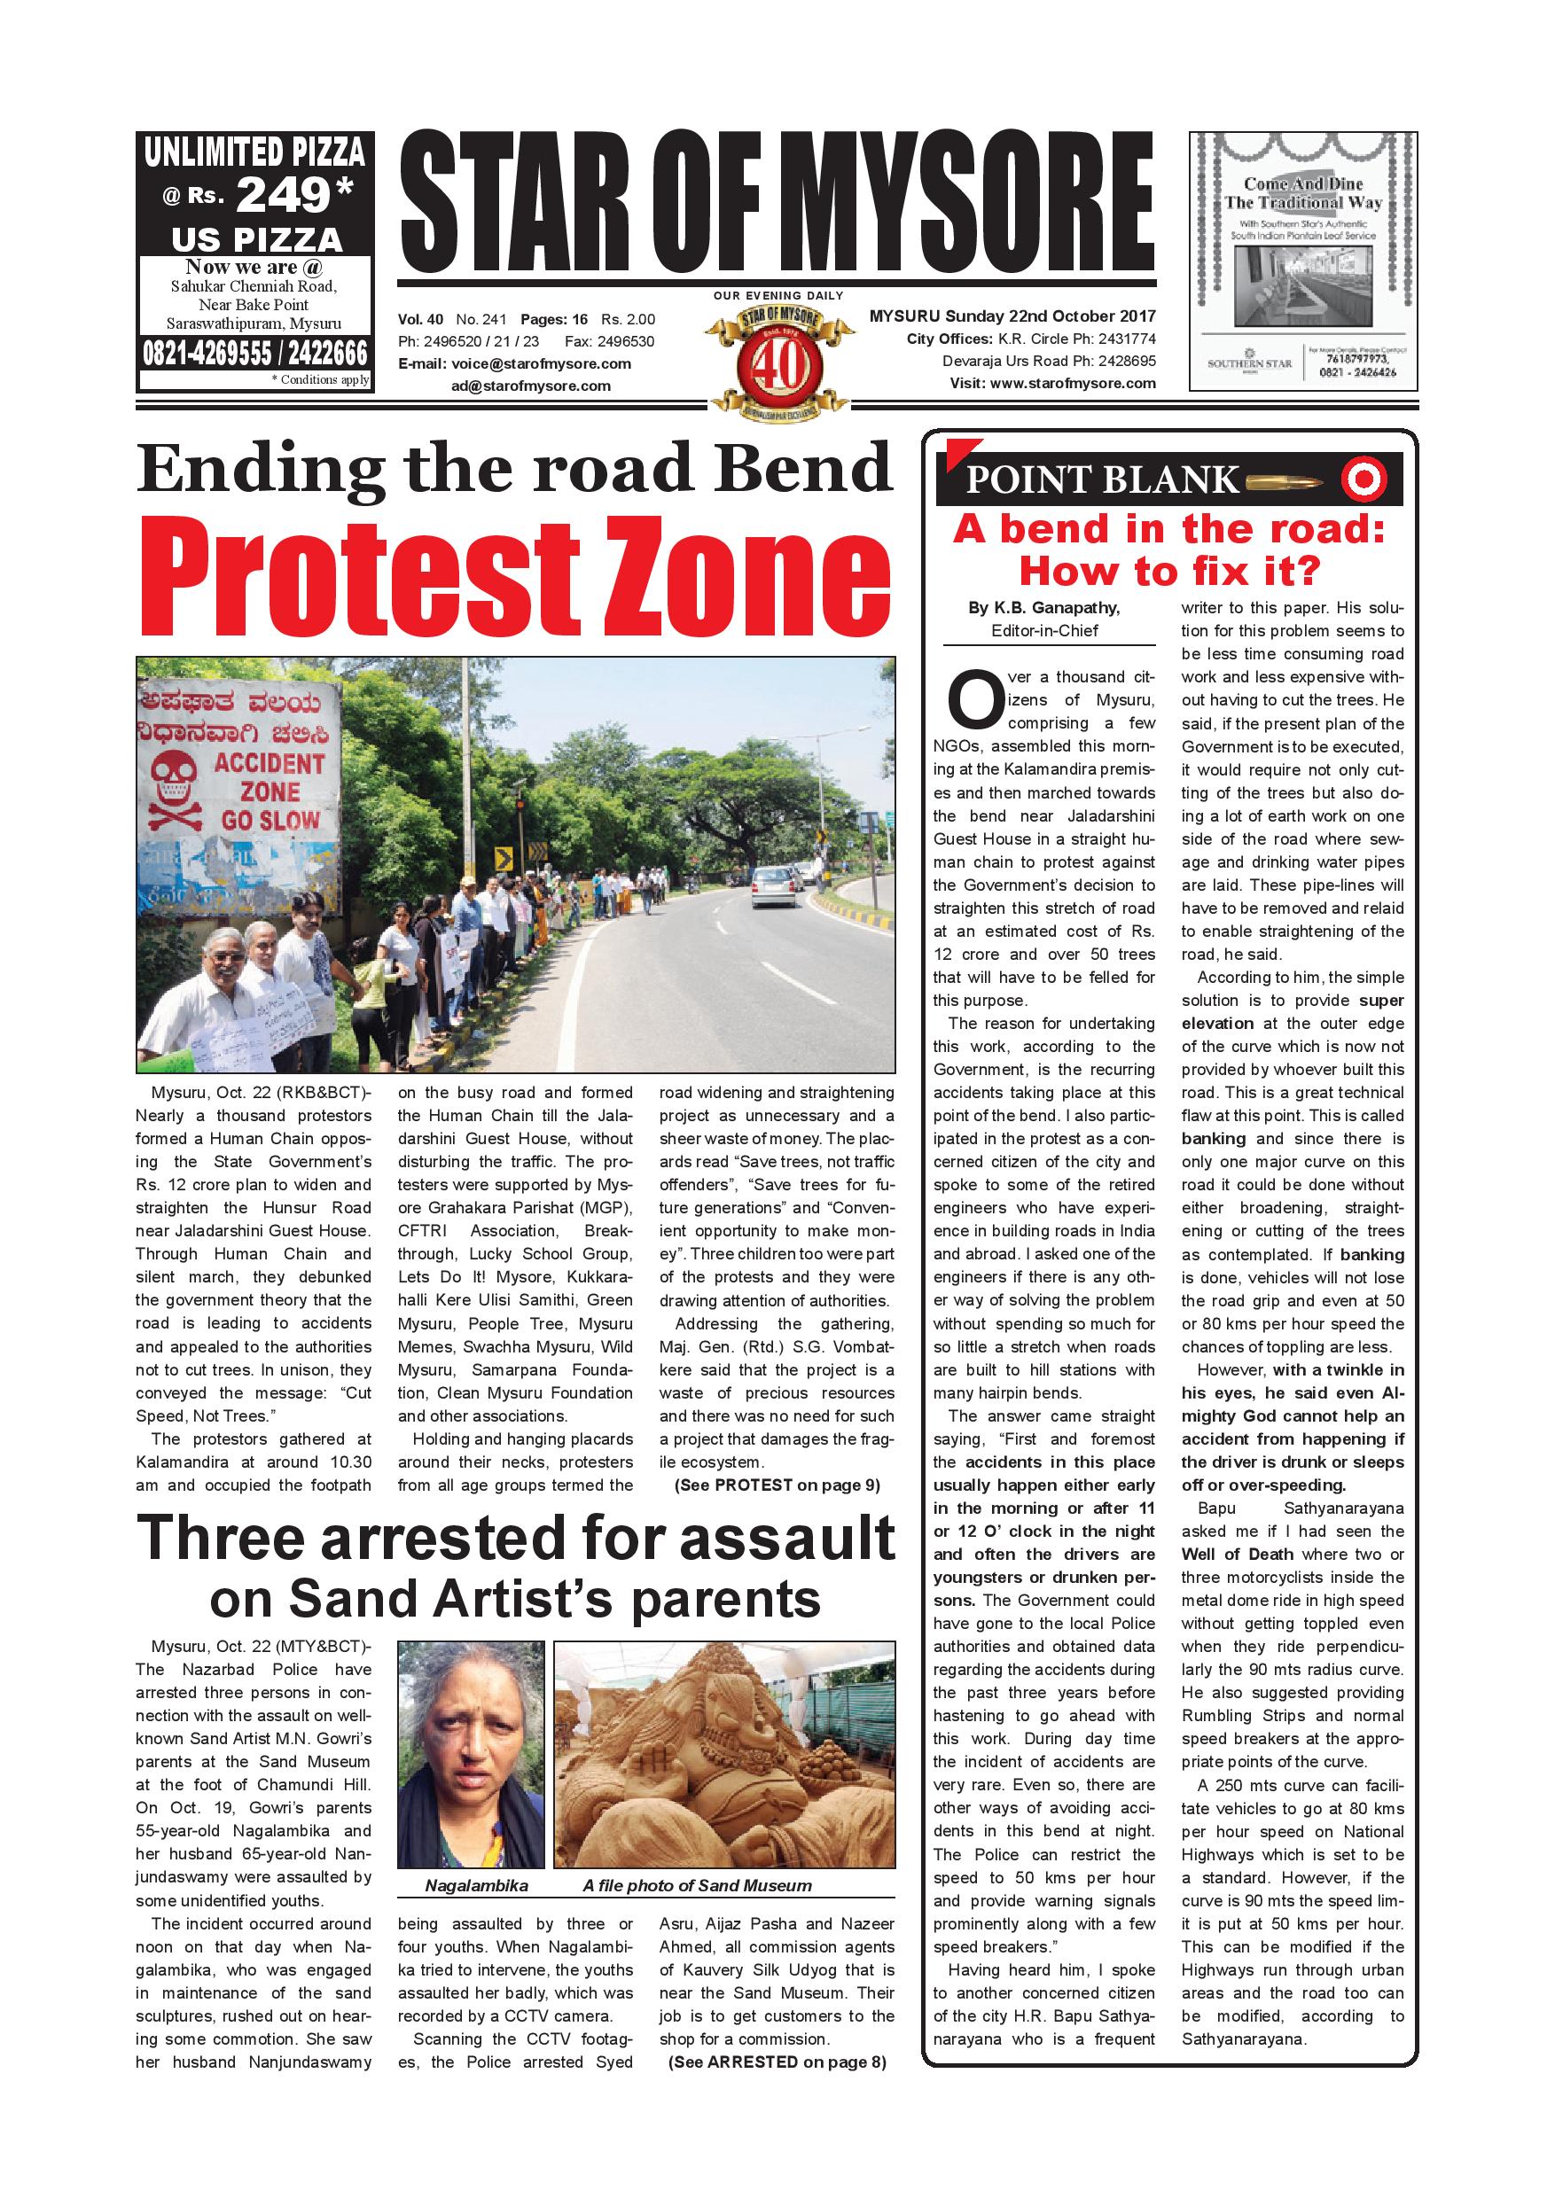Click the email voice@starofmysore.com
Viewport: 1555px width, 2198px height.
[541, 363]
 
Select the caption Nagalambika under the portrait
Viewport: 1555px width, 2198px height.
[476, 1886]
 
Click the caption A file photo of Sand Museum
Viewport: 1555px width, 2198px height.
[697, 1886]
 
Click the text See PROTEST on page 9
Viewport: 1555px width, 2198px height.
[777, 1485]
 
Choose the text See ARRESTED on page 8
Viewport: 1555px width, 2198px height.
[777, 2062]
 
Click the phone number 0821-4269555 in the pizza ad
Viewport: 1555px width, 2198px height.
[207, 355]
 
